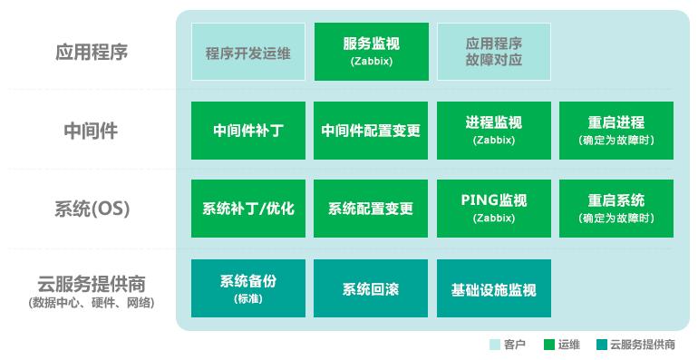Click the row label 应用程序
(x=91, y=52)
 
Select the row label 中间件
(x=91, y=131)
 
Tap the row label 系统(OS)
(x=91, y=209)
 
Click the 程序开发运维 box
(x=247, y=52)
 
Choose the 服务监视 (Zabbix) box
(x=371, y=52)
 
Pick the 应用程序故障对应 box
(x=494, y=52)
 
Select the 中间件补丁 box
(x=247, y=131)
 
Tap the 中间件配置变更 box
(x=371, y=131)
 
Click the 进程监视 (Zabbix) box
(x=494, y=131)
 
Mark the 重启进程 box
(x=616, y=131)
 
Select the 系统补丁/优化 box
(x=247, y=209)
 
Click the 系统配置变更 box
(x=371, y=209)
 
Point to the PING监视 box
(x=494, y=209)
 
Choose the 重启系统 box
(x=616, y=209)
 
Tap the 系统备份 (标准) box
(x=247, y=288)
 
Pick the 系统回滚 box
(x=371, y=288)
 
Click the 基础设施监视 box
(x=494, y=288)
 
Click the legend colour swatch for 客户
(x=494, y=345)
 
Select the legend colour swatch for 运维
(x=548, y=345)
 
